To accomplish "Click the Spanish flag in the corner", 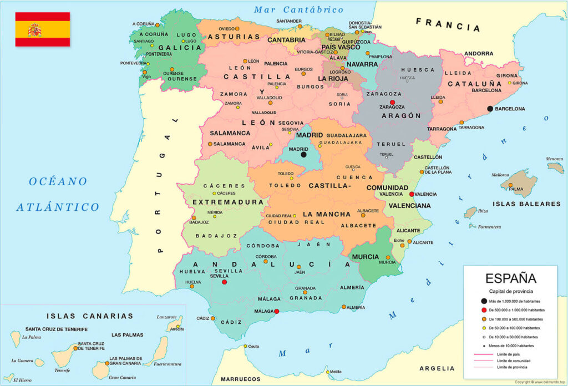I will pyautogui.click(x=42, y=29).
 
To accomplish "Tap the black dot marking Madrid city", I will pyautogui.click(x=303, y=155).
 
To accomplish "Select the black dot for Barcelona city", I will pyautogui.click(x=490, y=109).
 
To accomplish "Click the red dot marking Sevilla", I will pyautogui.click(x=224, y=282).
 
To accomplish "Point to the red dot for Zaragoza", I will pyautogui.click(x=392, y=103).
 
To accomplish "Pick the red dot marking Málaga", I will pyautogui.click(x=276, y=311).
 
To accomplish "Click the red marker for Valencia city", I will pyautogui.click(x=411, y=194).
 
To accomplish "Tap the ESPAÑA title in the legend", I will pyautogui.click(x=511, y=278).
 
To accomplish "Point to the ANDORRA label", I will pyautogui.click(x=479, y=54).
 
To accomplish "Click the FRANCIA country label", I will pyautogui.click(x=448, y=24).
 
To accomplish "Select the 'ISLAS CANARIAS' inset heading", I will pyautogui.click(x=90, y=316).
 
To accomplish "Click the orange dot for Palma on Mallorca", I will pyautogui.click(x=510, y=185).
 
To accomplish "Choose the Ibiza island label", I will pyautogui.click(x=483, y=211).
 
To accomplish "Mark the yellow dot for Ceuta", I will pyautogui.click(x=245, y=346).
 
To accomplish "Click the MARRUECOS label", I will pyautogui.click(x=241, y=379).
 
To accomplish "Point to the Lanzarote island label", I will pyautogui.click(x=166, y=317).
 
